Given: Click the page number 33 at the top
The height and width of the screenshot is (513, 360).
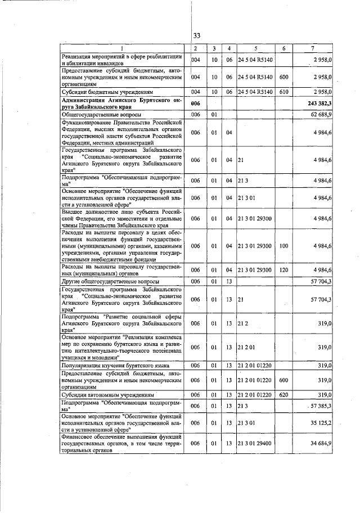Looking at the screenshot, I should coord(197,36).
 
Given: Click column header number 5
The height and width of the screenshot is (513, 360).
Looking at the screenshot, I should coord(255,49).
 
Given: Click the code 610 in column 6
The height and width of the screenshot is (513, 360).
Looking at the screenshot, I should coord(284,91).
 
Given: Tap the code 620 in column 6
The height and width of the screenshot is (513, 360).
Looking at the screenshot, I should coord(284,395).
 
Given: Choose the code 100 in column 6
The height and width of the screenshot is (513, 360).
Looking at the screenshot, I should coord(284,246).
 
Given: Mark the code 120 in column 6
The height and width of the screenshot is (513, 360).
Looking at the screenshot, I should coord(284,271).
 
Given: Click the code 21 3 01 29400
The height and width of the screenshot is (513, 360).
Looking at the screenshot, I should coord(255,444).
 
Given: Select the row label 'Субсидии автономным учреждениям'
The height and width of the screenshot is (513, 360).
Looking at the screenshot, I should coord(107,395).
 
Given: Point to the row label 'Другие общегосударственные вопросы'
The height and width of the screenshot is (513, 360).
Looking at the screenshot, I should coord(110,281).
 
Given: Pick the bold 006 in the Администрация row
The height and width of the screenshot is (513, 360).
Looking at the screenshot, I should coord(195,103).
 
